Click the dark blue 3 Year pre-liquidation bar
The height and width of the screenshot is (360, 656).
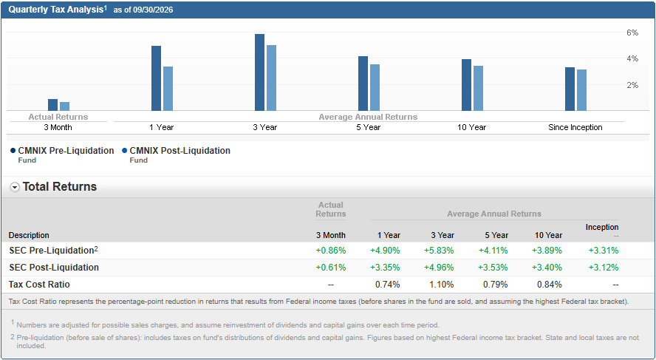[x=259, y=72]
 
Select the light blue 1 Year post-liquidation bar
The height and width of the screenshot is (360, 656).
[x=168, y=89]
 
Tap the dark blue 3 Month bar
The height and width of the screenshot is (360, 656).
[x=52, y=105]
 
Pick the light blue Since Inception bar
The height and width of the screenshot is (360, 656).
[x=581, y=90]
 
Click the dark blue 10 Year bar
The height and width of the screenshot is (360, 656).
[x=466, y=85]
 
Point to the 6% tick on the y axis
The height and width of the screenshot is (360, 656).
[x=632, y=33]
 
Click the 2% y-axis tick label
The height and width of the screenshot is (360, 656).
[x=632, y=86]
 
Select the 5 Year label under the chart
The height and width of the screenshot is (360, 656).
[x=368, y=127]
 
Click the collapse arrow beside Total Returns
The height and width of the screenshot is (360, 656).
[x=15, y=188]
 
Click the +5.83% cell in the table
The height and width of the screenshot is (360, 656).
[x=439, y=251]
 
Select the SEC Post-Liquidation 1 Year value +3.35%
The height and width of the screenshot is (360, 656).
[x=385, y=268]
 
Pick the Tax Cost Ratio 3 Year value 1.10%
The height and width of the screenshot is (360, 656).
[x=441, y=285]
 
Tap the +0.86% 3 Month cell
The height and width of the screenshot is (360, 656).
[x=331, y=251]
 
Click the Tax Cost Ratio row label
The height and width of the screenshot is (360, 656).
[x=39, y=285]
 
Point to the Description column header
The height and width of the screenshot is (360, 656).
[x=29, y=235]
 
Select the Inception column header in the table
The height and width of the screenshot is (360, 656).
[x=602, y=227]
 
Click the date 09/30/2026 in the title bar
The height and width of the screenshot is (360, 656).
[x=153, y=10]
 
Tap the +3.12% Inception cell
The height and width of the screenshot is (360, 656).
[x=604, y=268]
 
